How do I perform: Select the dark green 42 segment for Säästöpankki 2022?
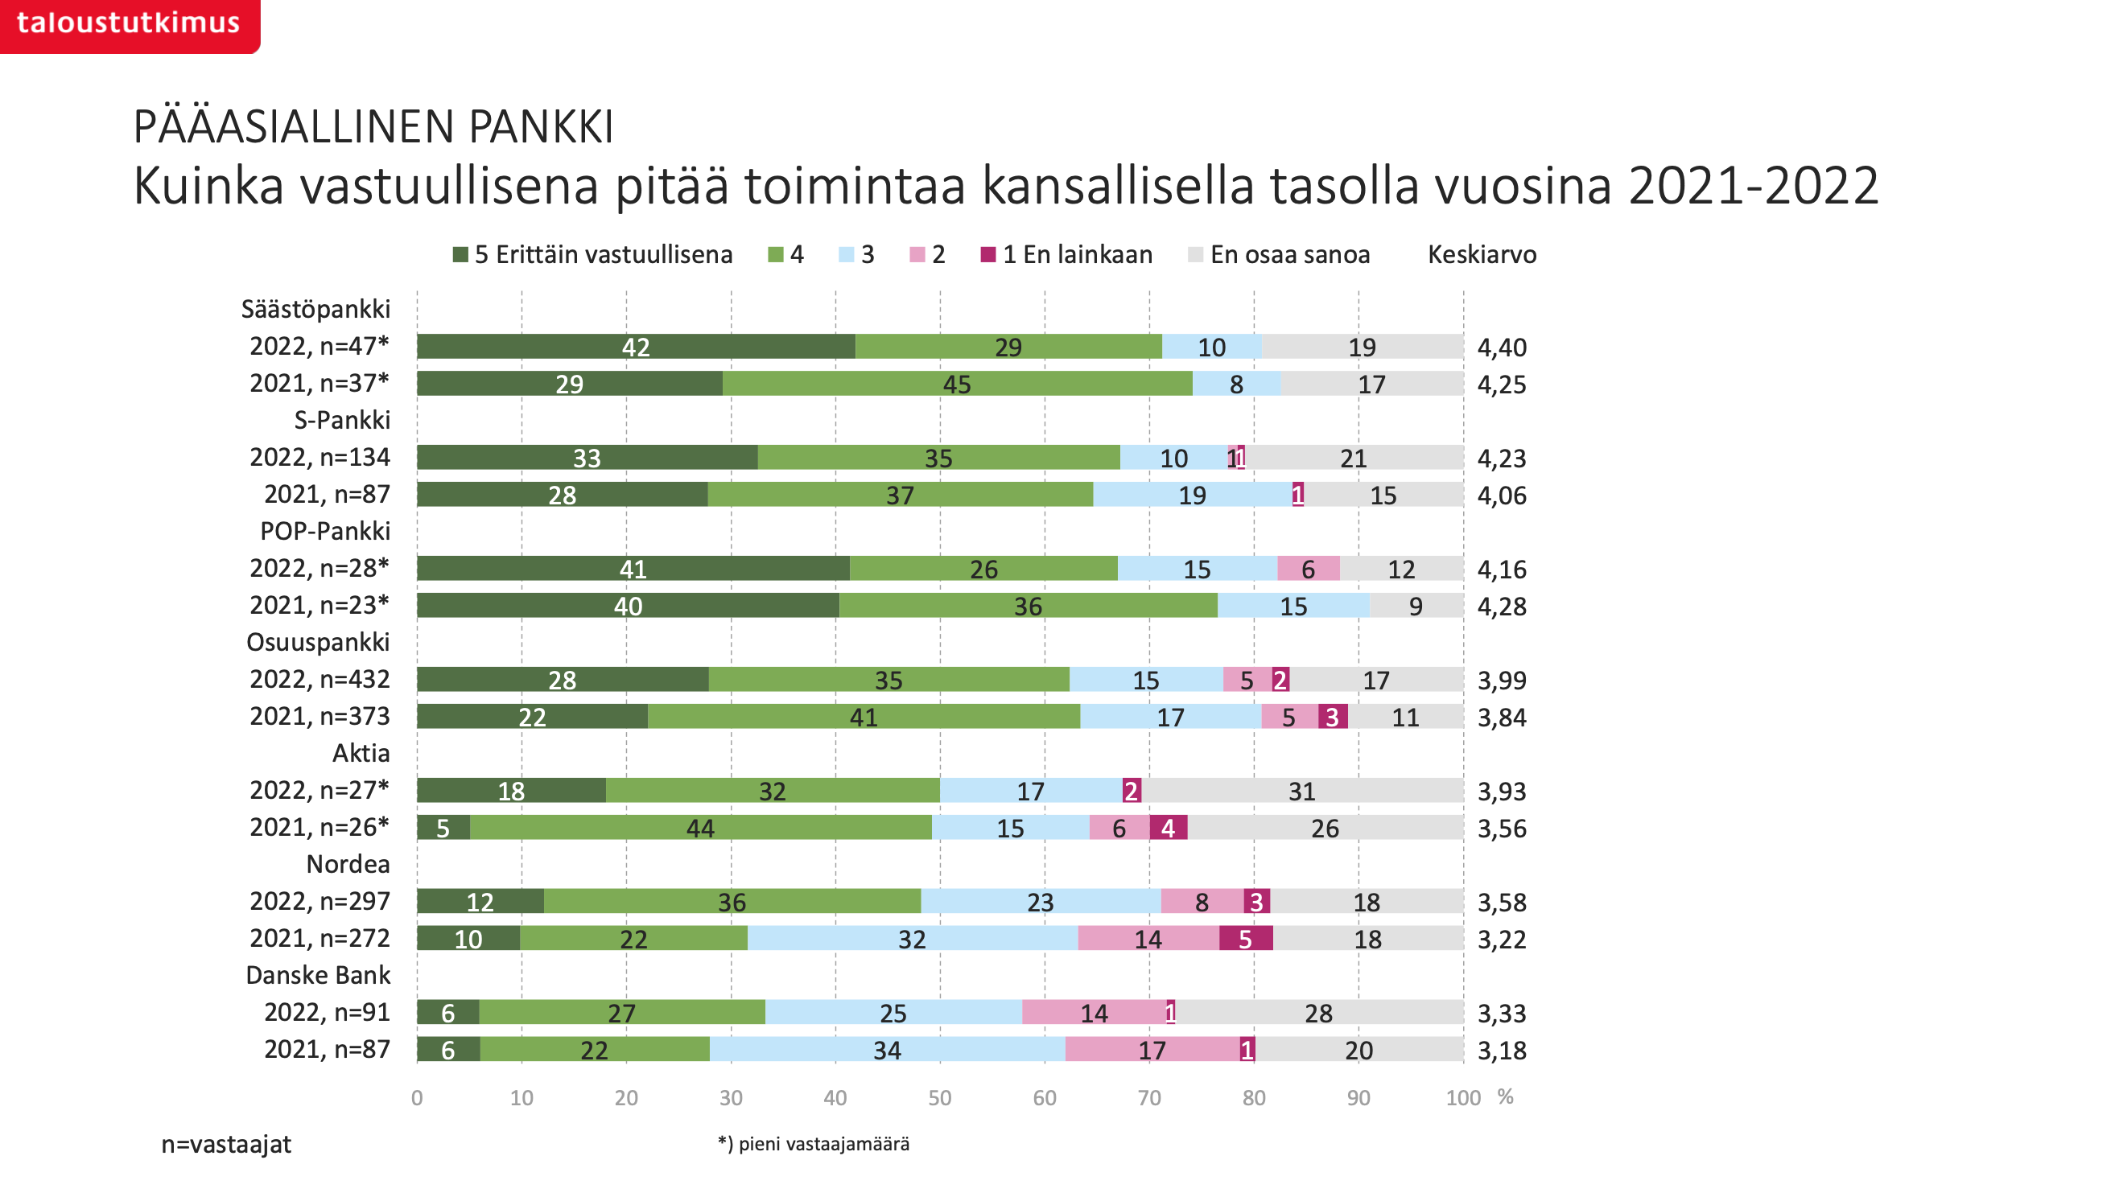(635, 347)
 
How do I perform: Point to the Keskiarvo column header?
(1481, 255)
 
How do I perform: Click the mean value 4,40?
(1501, 348)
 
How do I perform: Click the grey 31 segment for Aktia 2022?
(1301, 791)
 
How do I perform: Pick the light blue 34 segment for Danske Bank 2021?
(886, 1050)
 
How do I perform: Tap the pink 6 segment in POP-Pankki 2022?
(1308, 569)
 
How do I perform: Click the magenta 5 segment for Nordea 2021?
(1245, 939)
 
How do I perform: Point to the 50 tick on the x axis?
(939, 1098)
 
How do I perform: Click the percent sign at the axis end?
(1505, 1096)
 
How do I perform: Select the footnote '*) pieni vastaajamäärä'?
(814, 1145)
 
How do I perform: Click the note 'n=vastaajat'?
(226, 1145)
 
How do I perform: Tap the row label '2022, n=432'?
(319, 679)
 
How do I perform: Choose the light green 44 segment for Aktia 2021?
(700, 828)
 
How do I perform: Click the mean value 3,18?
(1501, 1051)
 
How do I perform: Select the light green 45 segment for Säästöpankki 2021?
(956, 384)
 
